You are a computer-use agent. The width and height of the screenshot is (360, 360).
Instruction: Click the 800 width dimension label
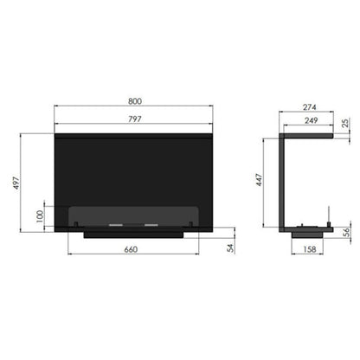[135, 101]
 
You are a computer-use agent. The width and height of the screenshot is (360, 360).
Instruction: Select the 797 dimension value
[135, 119]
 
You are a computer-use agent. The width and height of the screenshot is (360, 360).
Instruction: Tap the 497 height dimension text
[16, 183]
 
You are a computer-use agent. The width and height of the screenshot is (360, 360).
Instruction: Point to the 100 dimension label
[40, 216]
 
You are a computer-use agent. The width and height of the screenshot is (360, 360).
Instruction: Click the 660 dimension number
[131, 249]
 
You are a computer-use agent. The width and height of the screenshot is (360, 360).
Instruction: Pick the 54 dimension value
[230, 247]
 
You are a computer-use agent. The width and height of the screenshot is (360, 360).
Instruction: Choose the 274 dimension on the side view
[310, 107]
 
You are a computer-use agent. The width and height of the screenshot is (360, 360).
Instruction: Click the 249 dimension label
[312, 120]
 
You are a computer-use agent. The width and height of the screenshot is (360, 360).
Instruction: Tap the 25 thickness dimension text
[345, 123]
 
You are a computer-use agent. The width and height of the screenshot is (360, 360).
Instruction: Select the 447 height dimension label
[260, 180]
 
